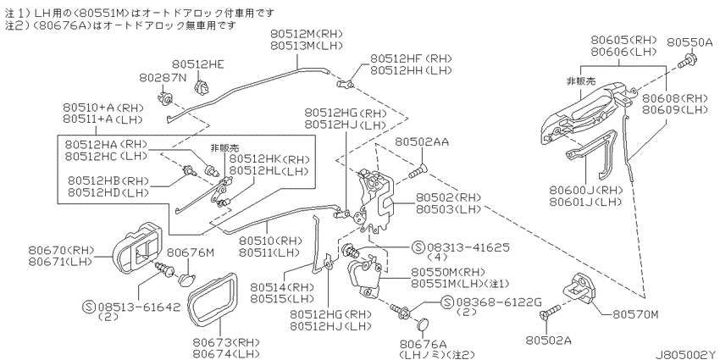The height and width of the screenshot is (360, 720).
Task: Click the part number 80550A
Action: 690,42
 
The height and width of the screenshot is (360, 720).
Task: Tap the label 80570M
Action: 636,315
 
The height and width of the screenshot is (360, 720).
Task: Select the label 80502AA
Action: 422,142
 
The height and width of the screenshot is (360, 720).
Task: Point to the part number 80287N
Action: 163,78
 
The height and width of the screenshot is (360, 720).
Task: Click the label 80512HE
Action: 199,64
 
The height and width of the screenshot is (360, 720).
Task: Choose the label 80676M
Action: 191,252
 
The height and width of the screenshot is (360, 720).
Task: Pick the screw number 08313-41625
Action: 468,247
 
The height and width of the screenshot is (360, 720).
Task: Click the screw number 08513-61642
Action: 139,307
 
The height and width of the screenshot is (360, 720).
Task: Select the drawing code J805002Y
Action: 685,354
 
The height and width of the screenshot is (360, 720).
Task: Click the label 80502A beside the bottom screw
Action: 549,341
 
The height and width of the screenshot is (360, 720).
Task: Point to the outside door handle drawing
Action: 584,111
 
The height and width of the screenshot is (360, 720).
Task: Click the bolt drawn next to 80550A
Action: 688,59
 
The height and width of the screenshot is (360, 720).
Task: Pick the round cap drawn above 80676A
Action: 423,325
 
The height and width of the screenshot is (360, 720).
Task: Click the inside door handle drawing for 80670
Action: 138,248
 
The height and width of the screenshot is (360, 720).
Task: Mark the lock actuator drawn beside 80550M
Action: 365,275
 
